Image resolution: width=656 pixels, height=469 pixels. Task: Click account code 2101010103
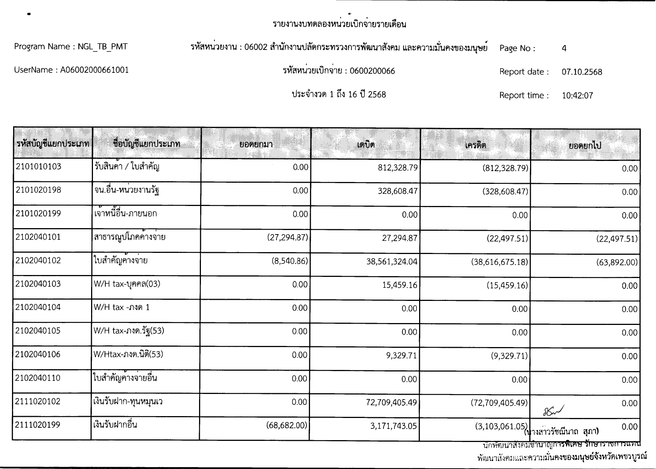[38, 167]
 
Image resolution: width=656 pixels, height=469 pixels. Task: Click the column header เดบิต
[365, 144]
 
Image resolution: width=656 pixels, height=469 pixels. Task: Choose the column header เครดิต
[475, 145]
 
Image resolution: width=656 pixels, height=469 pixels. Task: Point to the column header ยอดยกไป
[585, 146]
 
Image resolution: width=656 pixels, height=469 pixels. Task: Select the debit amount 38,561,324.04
[392, 262]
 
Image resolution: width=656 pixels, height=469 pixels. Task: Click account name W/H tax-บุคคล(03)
[127, 284]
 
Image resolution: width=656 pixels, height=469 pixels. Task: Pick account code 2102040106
[38, 355]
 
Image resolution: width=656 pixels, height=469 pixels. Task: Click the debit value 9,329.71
[401, 355]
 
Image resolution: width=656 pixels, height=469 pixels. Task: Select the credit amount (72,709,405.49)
[499, 403]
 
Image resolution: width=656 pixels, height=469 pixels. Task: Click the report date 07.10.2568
[582, 72]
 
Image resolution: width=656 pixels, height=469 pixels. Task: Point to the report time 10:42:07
[577, 96]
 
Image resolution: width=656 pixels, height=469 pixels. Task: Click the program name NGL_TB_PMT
[102, 47]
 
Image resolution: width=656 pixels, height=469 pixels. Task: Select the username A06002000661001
[94, 70]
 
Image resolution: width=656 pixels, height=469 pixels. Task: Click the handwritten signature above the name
[553, 412]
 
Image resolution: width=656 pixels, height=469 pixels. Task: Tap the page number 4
[564, 48]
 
